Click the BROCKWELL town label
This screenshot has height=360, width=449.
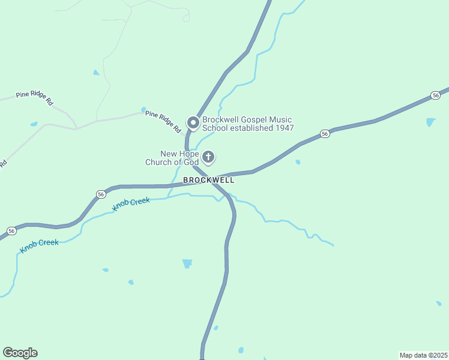click(x=208, y=180)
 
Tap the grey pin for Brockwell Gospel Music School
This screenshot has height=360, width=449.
click(x=193, y=123)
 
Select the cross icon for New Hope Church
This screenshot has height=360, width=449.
click(x=208, y=157)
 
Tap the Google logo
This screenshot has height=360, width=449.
click(x=20, y=353)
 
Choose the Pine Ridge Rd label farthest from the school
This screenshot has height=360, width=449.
click(x=34, y=98)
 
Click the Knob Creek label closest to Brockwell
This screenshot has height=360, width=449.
click(x=131, y=203)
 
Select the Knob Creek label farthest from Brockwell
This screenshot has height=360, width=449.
click(x=40, y=246)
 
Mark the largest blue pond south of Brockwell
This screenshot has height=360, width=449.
click(x=187, y=263)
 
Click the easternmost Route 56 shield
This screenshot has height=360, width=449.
click(x=435, y=96)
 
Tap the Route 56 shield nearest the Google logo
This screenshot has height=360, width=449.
click(x=11, y=231)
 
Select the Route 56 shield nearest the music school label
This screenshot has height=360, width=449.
click(x=324, y=133)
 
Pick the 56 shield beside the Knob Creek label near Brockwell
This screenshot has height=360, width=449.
click(x=100, y=194)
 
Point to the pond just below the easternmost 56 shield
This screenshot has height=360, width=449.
click(x=430, y=122)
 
